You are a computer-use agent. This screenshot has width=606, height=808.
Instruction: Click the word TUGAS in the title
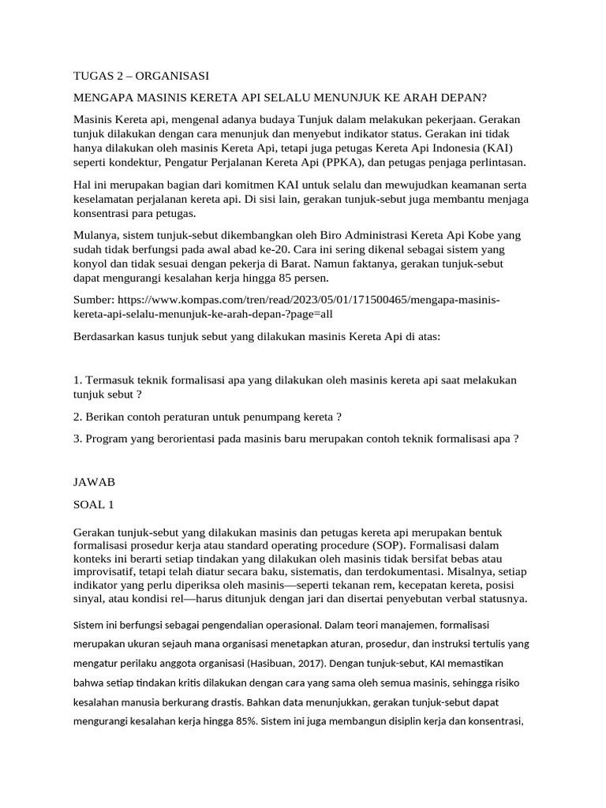[92, 76]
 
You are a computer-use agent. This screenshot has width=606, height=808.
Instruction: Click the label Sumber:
[94, 300]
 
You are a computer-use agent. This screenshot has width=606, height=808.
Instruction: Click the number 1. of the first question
[77, 380]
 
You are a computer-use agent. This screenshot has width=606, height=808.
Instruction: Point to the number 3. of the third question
[77, 439]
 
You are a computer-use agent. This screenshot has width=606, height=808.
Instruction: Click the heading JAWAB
[94, 481]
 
